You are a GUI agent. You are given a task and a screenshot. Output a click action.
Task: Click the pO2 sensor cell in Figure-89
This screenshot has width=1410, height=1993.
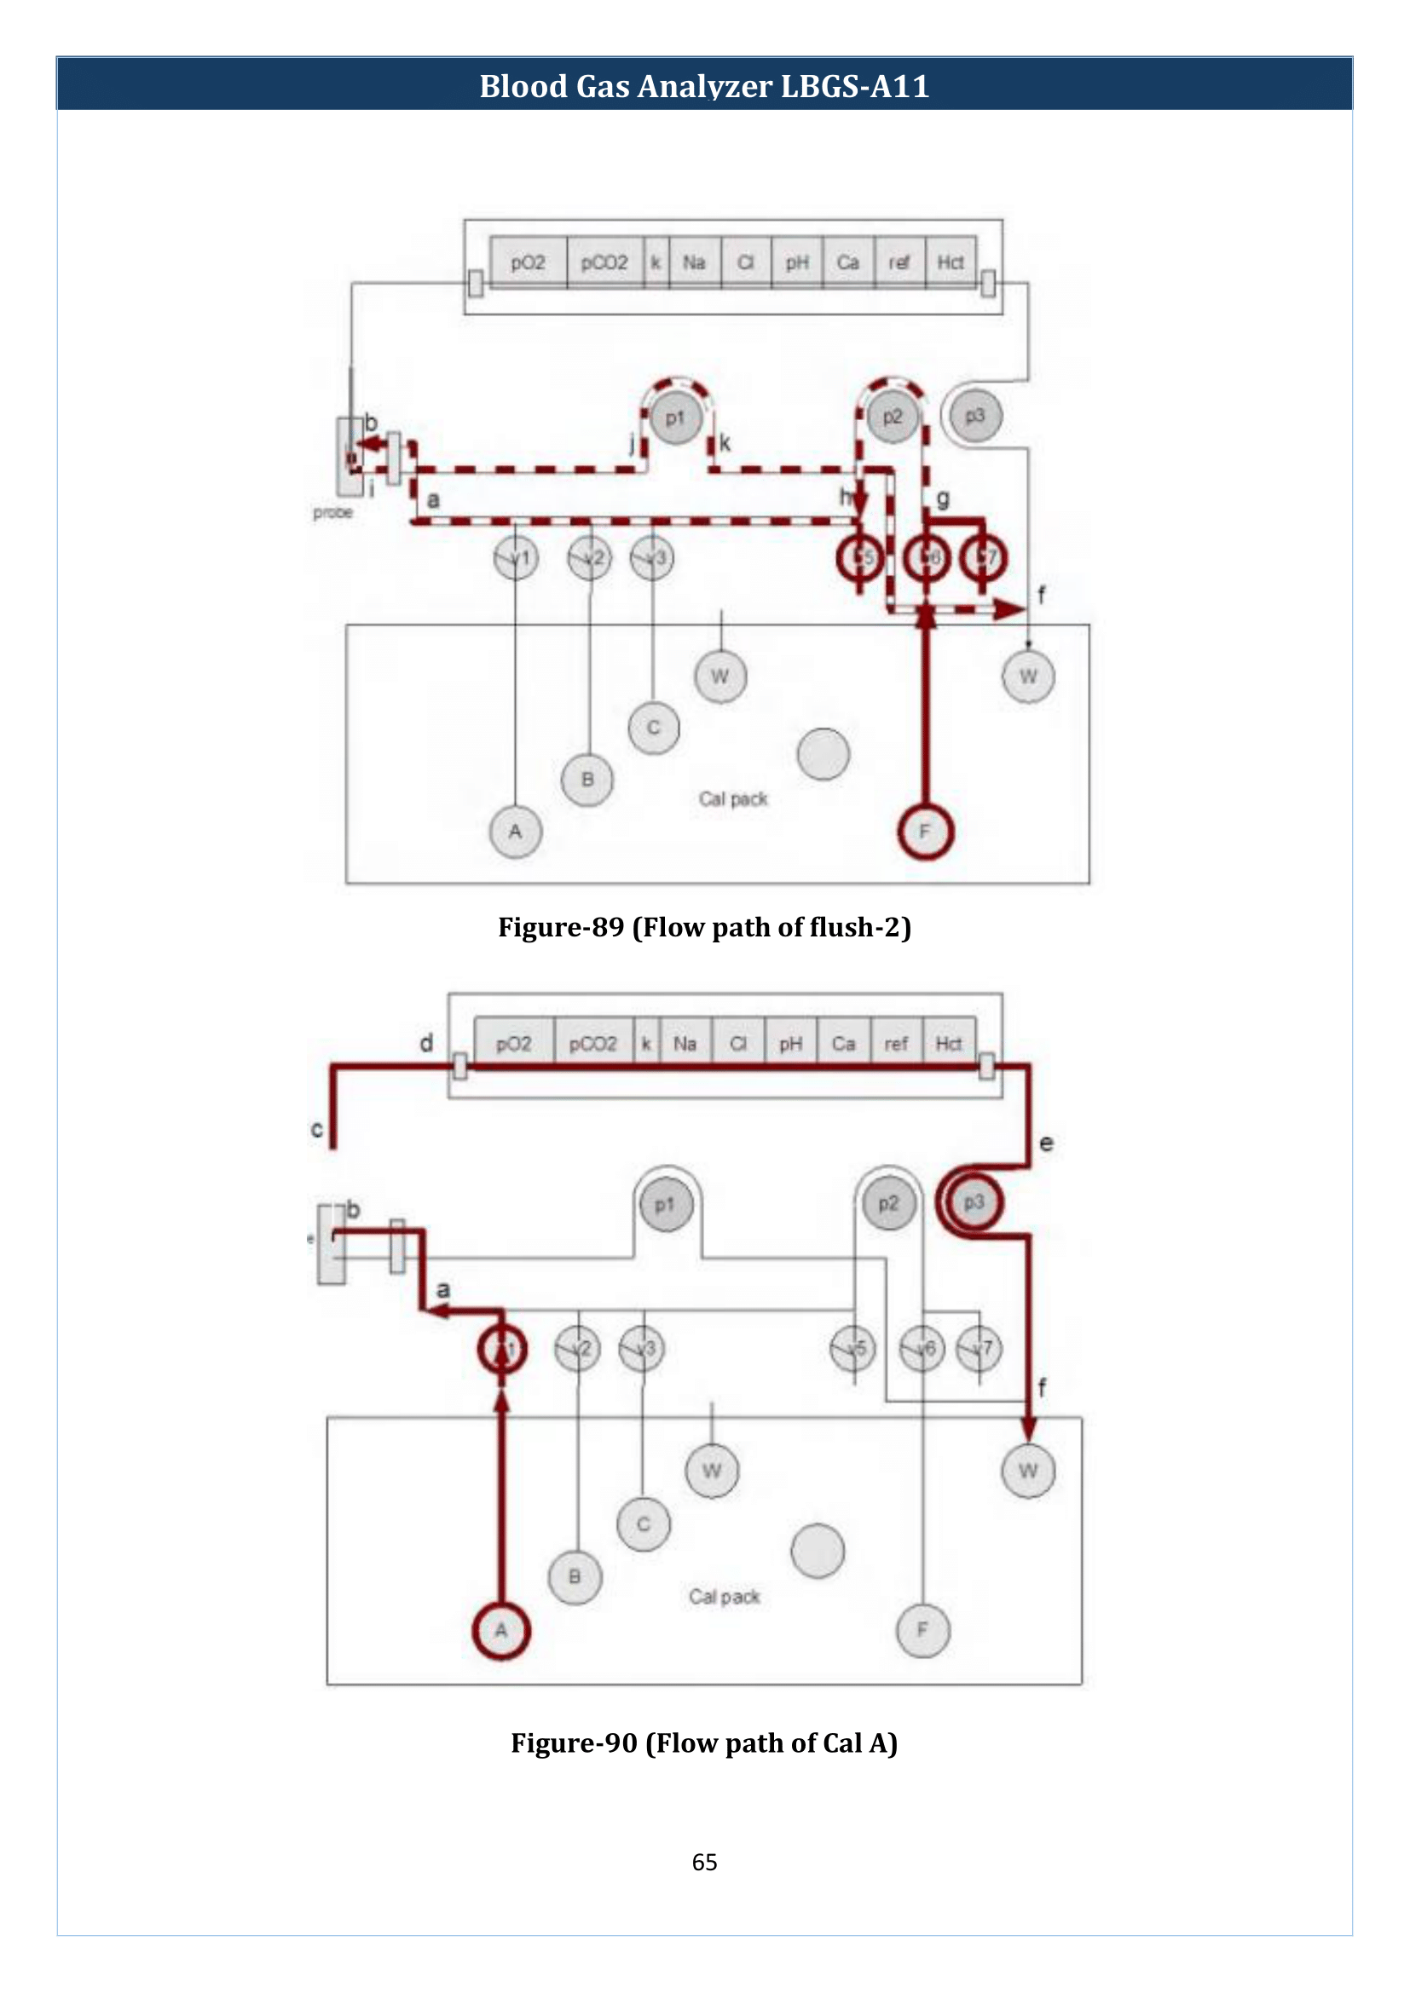pyautogui.click(x=528, y=262)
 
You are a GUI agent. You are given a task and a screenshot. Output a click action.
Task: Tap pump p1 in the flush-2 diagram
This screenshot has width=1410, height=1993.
pyautogui.click(x=675, y=418)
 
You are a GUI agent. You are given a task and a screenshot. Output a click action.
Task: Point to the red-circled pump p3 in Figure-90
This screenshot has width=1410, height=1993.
pyautogui.click(x=974, y=1202)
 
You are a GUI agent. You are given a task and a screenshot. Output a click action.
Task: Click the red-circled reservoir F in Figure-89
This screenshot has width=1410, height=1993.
pyautogui.click(x=925, y=832)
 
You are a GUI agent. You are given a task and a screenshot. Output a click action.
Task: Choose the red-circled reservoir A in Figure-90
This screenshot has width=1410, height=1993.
pyautogui.click(x=501, y=1630)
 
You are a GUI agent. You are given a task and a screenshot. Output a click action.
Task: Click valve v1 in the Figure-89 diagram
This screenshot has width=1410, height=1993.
pyautogui.click(x=516, y=558)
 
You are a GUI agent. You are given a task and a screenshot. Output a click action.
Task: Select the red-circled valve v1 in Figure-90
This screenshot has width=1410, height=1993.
pyautogui.click(x=502, y=1349)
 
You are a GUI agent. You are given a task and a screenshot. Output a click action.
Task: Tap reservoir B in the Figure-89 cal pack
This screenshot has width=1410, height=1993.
pyautogui.click(x=588, y=780)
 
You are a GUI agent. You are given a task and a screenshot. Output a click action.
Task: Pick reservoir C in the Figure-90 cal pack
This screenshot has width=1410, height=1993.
pyautogui.click(x=644, y=1524)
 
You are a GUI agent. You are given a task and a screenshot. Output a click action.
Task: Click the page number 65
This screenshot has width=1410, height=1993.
pyautogui.click(x=704, y=1862)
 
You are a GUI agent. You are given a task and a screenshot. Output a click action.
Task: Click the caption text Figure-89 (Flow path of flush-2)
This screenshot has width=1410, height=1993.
pyautogui.click(x=704, y=927)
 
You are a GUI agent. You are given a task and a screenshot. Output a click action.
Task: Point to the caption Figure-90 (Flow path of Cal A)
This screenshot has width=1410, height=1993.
pyautogui.click(x=704, y=1742)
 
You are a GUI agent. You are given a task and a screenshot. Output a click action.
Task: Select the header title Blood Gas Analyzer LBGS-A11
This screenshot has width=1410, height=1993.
pyautogui.click(x=704, y=86)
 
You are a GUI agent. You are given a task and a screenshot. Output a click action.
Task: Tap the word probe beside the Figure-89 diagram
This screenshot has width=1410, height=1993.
pyautogui.click(x=333, y=512)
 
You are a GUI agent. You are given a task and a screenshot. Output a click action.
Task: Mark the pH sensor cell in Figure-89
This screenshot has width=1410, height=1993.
pyautogui.click(x=797, y=262)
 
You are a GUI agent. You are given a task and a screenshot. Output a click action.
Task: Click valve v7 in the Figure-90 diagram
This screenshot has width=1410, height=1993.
pyautogui.click(x=979, y=1349)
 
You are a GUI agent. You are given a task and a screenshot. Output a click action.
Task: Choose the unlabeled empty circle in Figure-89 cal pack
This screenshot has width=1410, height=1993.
pyautogui.click(x=823, y=753)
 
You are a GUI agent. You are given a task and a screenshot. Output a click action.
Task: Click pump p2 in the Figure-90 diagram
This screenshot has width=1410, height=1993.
pyautogui.click(x=888, y=1204)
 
